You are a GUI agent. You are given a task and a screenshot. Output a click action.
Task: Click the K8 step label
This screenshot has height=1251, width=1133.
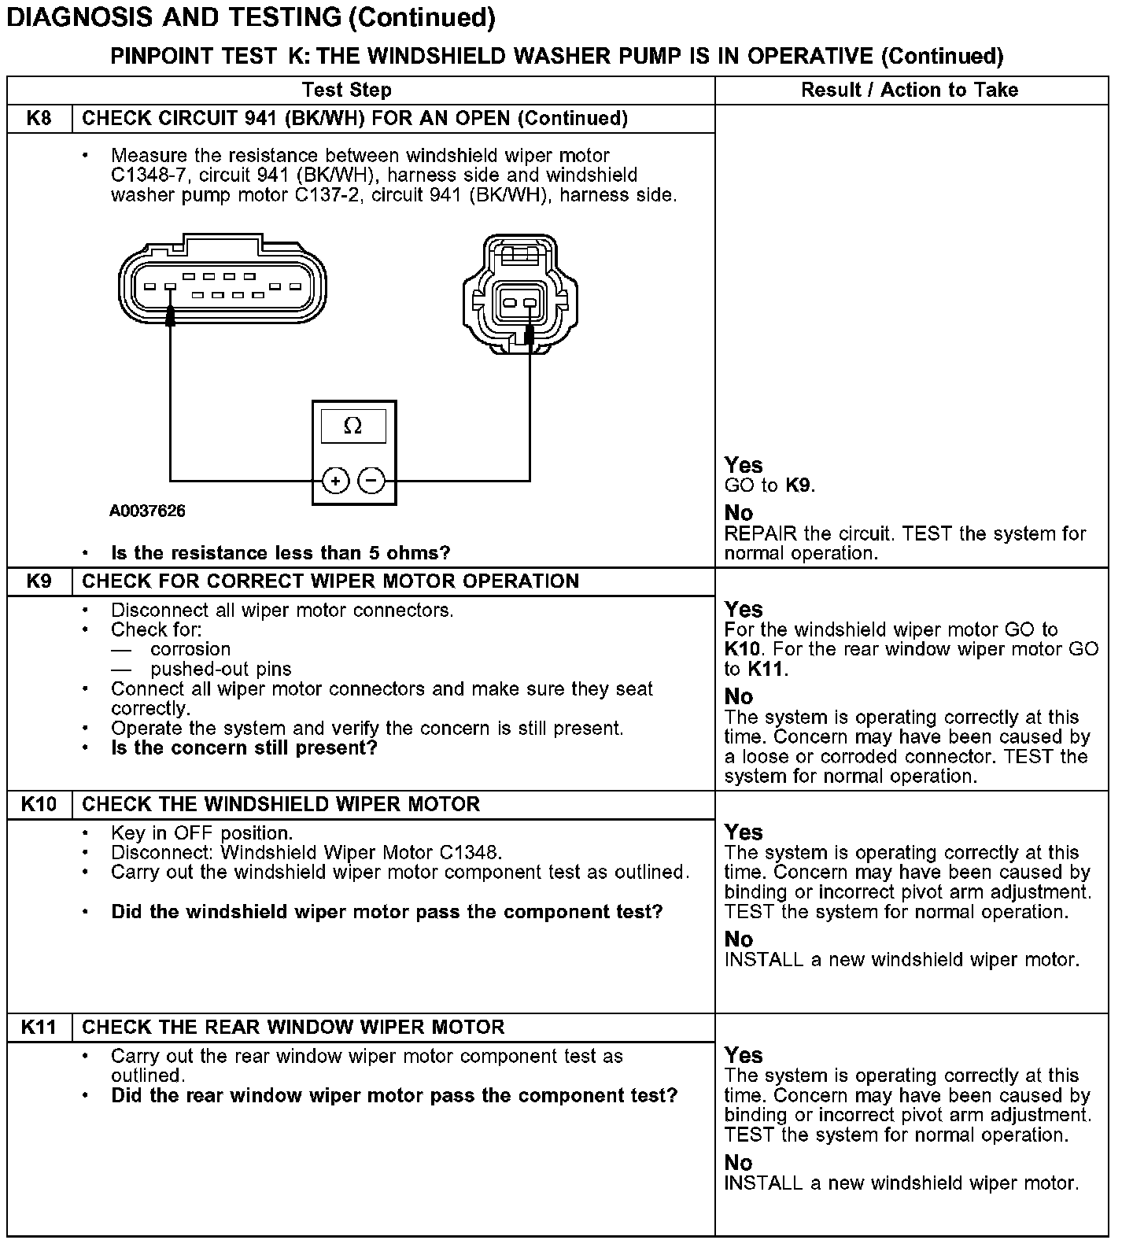pyautogui.click(x=39, y=119)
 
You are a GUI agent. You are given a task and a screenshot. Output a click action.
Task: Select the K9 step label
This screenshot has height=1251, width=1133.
pyautogui.click(x=39, y=581)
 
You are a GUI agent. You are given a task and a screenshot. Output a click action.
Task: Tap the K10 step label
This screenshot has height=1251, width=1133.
pyautogui.click(x=39, y=804)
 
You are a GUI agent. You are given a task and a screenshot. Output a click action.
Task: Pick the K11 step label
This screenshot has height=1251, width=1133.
pyautogui.click(x=39, y=1027)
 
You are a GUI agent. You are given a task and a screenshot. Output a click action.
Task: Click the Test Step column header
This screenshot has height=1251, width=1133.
pyautogui.click(x=346, y=90)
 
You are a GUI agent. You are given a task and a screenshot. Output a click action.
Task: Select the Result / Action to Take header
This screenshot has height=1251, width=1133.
pyautogui.click(x=910, y=90)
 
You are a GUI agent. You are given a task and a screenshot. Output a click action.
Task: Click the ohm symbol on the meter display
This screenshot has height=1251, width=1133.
pyautogui.click(x=353, y=426)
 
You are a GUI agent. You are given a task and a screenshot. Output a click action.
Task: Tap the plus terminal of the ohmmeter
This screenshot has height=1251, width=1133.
pyautogui.click(x=335, y=480)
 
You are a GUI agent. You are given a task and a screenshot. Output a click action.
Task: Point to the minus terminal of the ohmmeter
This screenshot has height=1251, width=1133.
pyautogui.click(x=371, y=480)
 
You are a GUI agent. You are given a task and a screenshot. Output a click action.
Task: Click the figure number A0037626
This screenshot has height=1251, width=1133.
pyautogui.click(x=147, y=511)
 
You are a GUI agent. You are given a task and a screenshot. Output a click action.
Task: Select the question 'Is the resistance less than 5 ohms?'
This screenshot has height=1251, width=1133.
pyautogui.click(x=281, y=553)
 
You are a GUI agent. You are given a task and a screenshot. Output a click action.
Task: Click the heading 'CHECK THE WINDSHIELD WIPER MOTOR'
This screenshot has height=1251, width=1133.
pyautogui.click(x=281, y=804)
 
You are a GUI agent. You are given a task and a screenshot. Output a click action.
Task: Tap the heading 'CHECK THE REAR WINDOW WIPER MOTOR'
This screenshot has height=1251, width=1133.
pyautogui.click(x=293, y=1027)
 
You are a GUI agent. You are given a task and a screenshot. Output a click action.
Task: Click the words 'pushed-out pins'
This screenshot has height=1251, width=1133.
pyautogui.click(x=220, y=670)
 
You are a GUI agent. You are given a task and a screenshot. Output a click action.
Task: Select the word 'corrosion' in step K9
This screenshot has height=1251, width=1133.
pyautogui.click(x=190, y=650)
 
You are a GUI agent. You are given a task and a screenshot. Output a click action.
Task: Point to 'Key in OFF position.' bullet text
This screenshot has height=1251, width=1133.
pyautogui.click(x=201, y=833)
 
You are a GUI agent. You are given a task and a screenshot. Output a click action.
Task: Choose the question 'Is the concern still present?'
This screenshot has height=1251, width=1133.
pyautogui.click(x=244, y=748)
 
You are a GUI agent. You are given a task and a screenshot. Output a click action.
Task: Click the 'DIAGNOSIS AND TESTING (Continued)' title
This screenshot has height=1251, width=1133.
pyautogui.click(x=250, y=17)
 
